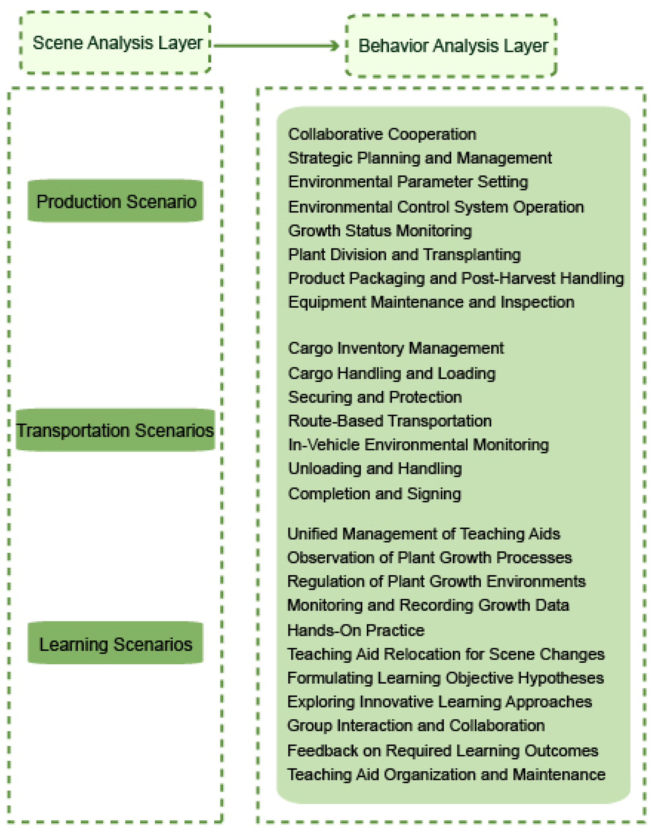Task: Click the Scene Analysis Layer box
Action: [115, 43]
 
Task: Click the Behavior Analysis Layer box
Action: [451, 46]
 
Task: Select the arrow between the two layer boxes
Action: [276, 46]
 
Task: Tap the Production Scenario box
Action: [116, 201]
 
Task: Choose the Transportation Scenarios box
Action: [115, 430]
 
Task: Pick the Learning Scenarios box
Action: [116, 644]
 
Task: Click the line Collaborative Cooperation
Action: [382, 134]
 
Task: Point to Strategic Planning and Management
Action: [420, 158]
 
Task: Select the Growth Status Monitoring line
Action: [380, 231]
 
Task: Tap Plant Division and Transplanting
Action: [404, 254]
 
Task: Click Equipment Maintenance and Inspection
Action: [431, 302]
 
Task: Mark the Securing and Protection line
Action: [375, 397]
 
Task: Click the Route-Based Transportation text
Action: [389, 421]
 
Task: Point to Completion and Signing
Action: [374, 494]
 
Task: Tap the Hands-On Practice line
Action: [356, 631]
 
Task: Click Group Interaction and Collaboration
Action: [416, 725]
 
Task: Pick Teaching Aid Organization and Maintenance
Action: [446, 774]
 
